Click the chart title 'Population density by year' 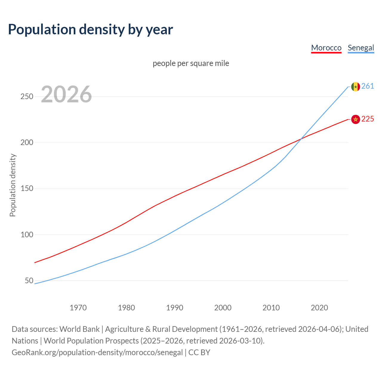(x=90, y=30)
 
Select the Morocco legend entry (x=326, y=48)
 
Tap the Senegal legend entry (x=361, y=48)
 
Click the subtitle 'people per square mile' (x=191, y=63)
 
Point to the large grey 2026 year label (x=66, y=94)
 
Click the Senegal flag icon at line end (x=355, y=87)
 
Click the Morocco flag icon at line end (x=355, y=119)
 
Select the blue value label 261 (x=368, y=86)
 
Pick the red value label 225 (x=368, y=119)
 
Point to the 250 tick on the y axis (x=27, y=97)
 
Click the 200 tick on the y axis (x=27, y=143)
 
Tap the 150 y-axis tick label (x=27, y=189)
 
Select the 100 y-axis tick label (x=27, y=235)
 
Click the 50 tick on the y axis (x=29, y=281)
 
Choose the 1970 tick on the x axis (x=78, y=308)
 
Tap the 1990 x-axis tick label (x=175, y=308)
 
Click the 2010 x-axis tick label (x=271, y=308)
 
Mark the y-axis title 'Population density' (x=13, y=185)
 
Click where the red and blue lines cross (x=301, y=138)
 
